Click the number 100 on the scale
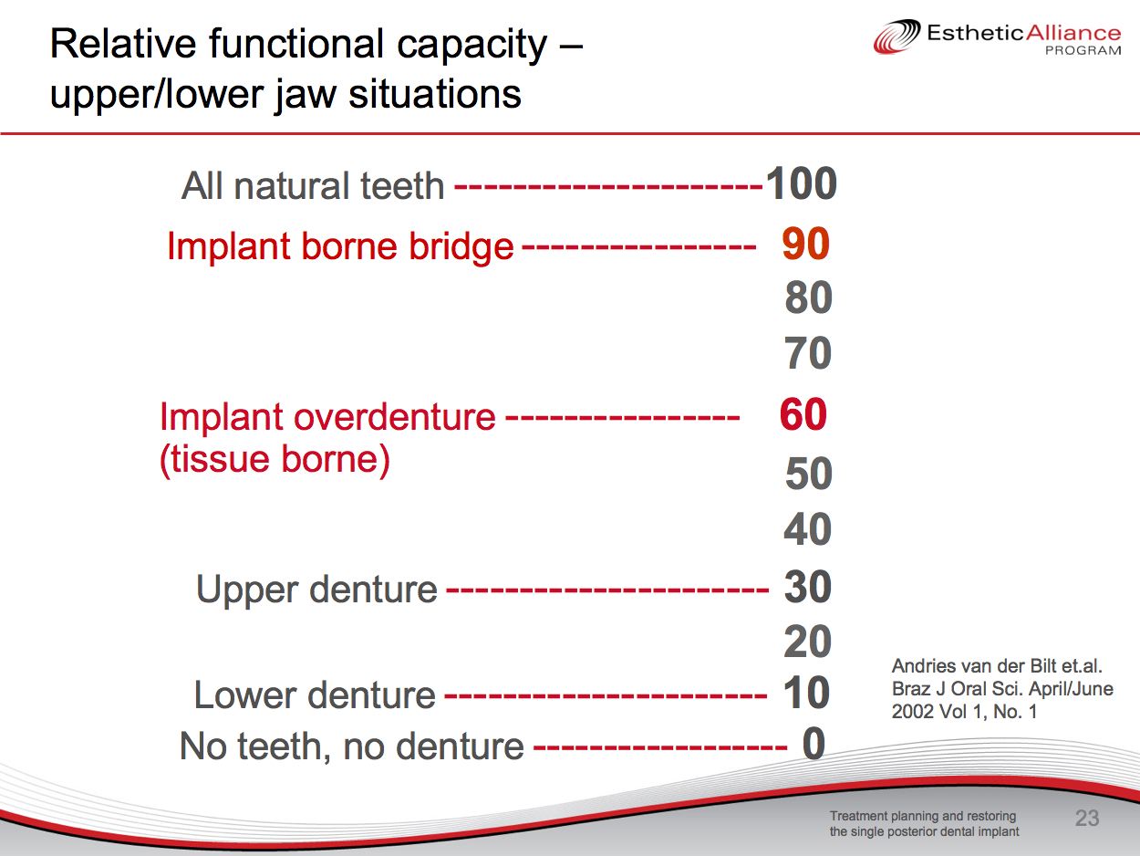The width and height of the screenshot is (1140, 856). click(801, 183)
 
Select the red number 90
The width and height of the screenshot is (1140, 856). click(805, 244)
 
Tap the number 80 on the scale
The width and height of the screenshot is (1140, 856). click(809, 298)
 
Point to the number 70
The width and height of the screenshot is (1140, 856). click(808, 353)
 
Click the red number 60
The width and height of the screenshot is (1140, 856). click(803, 414)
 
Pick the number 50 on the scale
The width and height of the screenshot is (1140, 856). click(809, 474)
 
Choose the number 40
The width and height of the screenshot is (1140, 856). click(808, 529)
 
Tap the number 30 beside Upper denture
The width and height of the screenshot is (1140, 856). click(808, 587)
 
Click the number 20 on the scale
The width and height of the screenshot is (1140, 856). click(808, 642)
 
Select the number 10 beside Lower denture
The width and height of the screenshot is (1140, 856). click(806, 693)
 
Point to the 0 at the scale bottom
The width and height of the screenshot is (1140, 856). click(814, 744)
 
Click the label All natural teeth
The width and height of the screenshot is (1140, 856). click(313, 186)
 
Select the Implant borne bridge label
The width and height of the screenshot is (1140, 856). click(340, 246)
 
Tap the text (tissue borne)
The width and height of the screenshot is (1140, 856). click(275, 460)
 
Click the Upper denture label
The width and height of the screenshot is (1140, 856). click(316, 590)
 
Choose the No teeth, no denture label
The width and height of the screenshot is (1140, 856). click(352, 746)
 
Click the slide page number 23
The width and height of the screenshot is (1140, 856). click(1087, 819)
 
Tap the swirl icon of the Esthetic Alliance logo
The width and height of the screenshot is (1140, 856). click(896, 37)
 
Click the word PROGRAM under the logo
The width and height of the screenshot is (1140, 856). click(1083, 50)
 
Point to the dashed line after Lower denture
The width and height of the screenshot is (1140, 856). click(606, 695)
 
